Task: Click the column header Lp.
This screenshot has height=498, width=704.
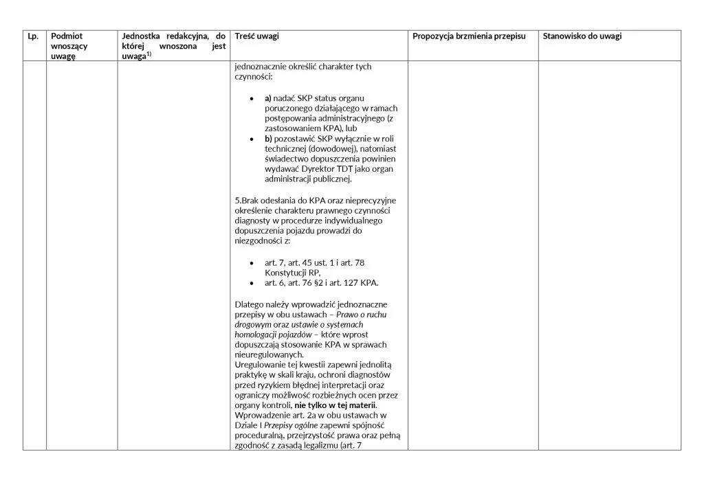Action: click(32, 36)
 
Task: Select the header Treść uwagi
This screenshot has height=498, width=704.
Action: click(256, 36)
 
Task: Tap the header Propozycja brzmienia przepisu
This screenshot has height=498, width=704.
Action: click(469, 36)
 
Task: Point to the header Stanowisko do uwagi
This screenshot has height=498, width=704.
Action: click(582, 36)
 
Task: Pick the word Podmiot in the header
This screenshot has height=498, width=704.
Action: click(65, 36)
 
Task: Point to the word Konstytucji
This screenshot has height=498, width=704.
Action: click(283, 272)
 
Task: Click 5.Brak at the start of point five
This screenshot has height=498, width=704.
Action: click(247, 200)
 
